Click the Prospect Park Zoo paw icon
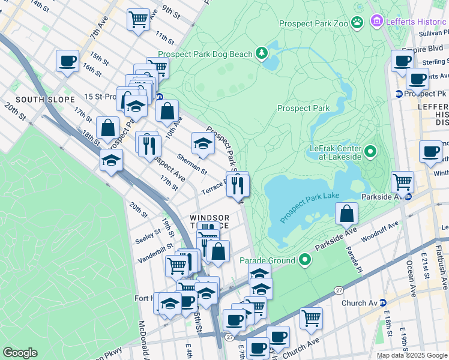click(x=358, y=23)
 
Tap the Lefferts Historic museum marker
click(x=377, y=22)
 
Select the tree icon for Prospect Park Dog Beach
click(x=262, y=54)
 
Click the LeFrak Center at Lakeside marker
click(x=370, y=151)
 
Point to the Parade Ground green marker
click(x=305, y=260)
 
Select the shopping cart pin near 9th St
click(x=138, y=19)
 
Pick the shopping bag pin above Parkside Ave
click(x=347, y=214)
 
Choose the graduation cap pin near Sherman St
click(x=202, y=144)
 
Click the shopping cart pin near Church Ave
click(x=311, y=318)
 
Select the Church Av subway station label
click(x=358, y=302)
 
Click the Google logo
click(x=20, y=353)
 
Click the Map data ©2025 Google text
click(x=411, y=355)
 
